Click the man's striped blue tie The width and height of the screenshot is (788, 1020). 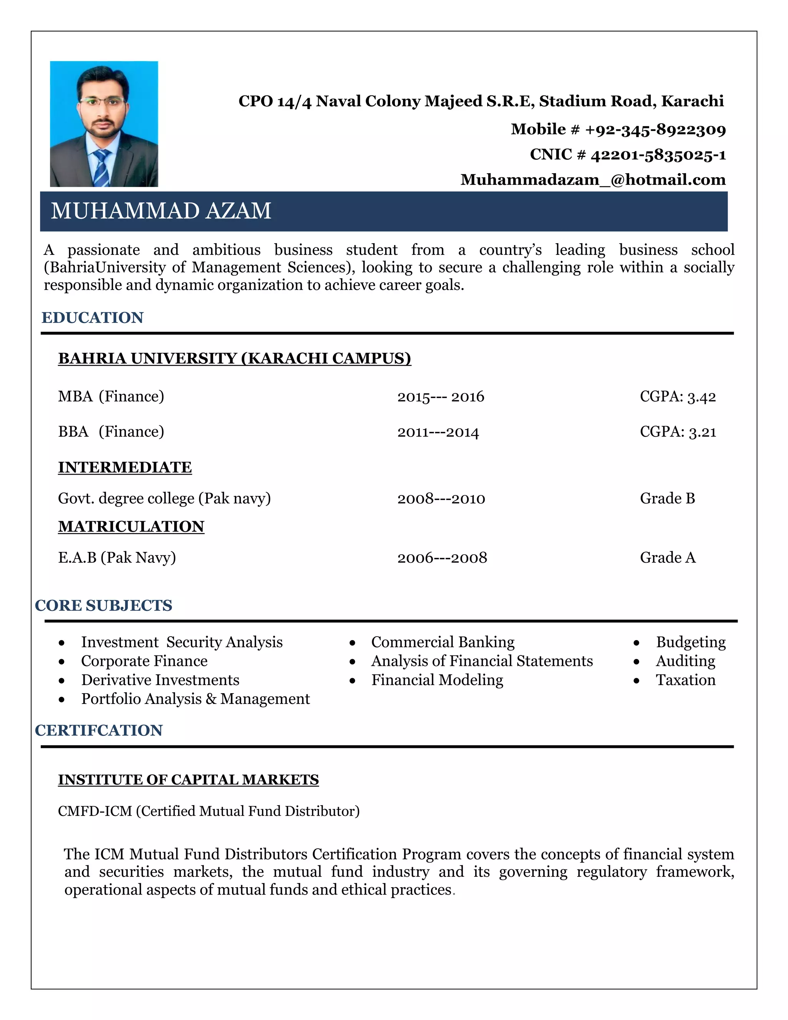pos(101,168)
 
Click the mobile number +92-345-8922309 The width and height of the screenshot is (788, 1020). pos(655,129)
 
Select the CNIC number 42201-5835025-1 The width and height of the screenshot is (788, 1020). pos(658,155)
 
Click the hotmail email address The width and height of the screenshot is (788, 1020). pos(593,180)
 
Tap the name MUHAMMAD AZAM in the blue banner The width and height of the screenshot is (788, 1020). pos(161,211)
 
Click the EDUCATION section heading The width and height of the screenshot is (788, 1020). pos(92,318)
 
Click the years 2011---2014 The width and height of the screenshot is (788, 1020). pos(438,432)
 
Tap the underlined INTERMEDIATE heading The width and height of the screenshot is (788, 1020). pos(125,467)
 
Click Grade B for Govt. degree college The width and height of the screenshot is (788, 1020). pos(667,498)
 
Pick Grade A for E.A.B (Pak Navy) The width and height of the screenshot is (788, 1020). pos(668,558)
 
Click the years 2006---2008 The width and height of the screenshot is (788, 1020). pos(442,558)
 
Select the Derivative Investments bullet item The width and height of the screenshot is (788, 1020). pos(160,680)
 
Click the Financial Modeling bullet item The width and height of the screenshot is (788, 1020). pos(437,680)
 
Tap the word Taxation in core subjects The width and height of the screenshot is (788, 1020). pos(685,680)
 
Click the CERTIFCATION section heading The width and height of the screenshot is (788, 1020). pos(98,731)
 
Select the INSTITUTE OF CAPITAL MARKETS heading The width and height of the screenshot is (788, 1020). pos(188,780)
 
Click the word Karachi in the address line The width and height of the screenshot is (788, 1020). pos(692,101)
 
